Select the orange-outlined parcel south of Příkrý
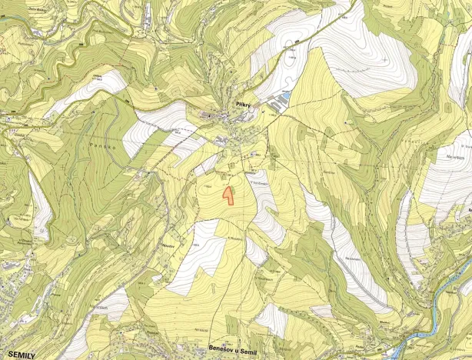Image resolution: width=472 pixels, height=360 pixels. coord(228,195)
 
